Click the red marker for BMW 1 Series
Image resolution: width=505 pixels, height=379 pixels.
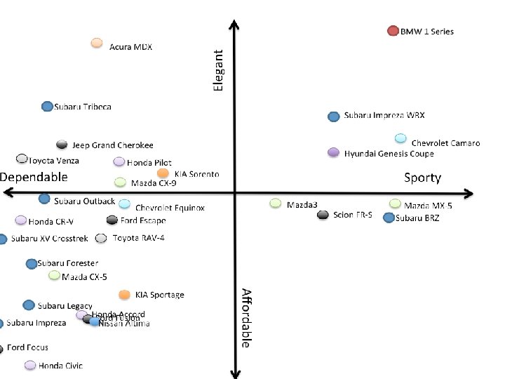pos(393,31)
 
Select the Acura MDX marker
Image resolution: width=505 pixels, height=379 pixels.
pos(97,44)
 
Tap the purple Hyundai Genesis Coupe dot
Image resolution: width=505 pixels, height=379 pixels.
pos(334,152)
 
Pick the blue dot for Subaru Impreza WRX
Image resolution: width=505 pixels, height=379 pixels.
pos(334,116)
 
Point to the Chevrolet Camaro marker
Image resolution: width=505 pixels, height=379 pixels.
pos(400,138)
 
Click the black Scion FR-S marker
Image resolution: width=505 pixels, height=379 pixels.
pos(323,215)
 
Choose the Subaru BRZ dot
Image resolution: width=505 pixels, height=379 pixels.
pos(389,218)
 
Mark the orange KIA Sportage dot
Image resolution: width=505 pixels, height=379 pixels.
pos(124,295)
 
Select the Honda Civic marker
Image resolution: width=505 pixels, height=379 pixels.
pos(30,365)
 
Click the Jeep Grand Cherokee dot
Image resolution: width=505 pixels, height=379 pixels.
pos(62,145)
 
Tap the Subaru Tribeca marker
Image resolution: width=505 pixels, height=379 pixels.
pos(46,107)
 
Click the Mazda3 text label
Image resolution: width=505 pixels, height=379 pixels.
pos(302,205)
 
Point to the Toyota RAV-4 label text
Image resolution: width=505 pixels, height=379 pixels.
pos(138,239)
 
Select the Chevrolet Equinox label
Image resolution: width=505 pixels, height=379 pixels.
pos(170,208)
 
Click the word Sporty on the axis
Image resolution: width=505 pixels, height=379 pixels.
pos(422,178)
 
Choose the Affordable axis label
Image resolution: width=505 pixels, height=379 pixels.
pos(245,317)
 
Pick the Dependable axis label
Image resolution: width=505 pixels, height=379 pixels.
pos(34,177)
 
